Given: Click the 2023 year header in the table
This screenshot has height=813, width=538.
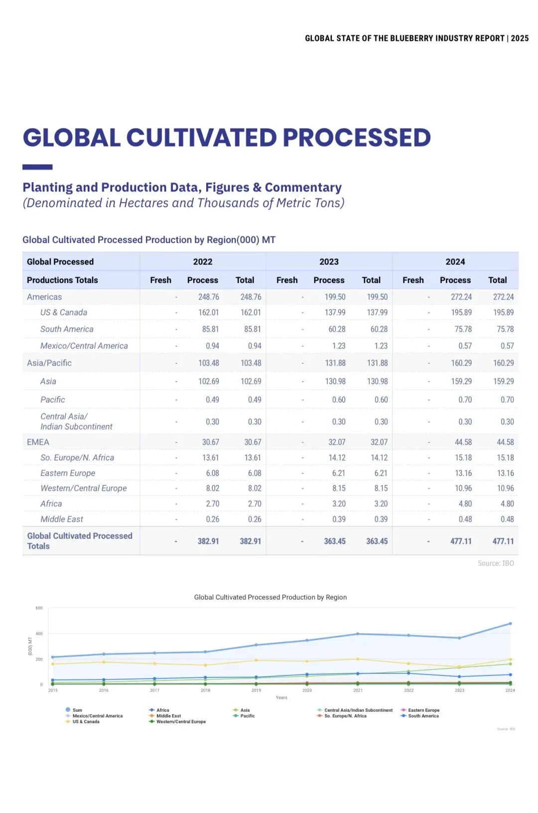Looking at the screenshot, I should pos(329,262).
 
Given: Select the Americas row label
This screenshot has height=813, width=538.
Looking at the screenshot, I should pos(44,297).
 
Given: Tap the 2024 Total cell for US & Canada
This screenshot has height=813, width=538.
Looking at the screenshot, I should pos(503,313).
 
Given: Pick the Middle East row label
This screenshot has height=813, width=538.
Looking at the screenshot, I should pos(62,519).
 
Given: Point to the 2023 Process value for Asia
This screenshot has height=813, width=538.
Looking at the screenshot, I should pos(335,381).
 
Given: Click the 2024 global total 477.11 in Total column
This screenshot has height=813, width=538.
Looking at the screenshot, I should pos(503,541).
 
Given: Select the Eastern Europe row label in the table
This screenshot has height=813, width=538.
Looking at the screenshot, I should pos(68,474).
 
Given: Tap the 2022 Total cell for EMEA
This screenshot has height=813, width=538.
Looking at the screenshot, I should pos(253,443).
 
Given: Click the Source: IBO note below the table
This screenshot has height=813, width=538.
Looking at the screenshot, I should pos(496,563).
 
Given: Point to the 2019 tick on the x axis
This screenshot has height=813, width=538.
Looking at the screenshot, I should pos(256,690).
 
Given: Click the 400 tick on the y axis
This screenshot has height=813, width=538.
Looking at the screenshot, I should pos(39,634).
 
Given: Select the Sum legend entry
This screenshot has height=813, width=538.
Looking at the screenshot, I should pos(77,710).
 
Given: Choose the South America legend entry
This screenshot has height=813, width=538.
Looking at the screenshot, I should pos(423,716).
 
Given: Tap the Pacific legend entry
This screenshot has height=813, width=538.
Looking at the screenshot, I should pos(248,716).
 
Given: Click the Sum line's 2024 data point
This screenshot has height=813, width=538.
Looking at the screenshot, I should pos(510,624).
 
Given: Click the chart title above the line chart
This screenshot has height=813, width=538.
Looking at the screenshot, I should pos(270,597).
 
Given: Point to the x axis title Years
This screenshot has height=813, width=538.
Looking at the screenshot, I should pos(281,698).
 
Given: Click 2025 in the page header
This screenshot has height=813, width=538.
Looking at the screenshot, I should pos(520,38).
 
